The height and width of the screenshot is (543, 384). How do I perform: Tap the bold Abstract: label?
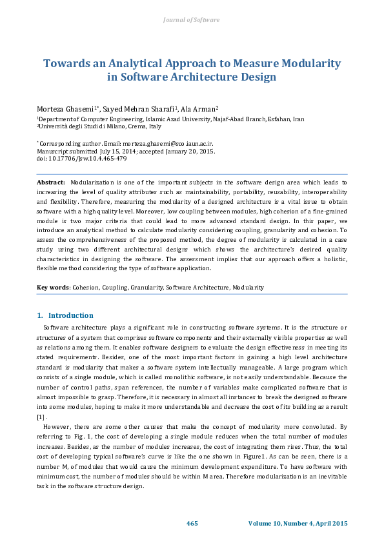click(x=51, y=183)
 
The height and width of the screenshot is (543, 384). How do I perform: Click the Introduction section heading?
click(x=70, y=315)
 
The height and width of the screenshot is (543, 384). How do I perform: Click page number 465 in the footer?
click(x=192, y=522)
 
